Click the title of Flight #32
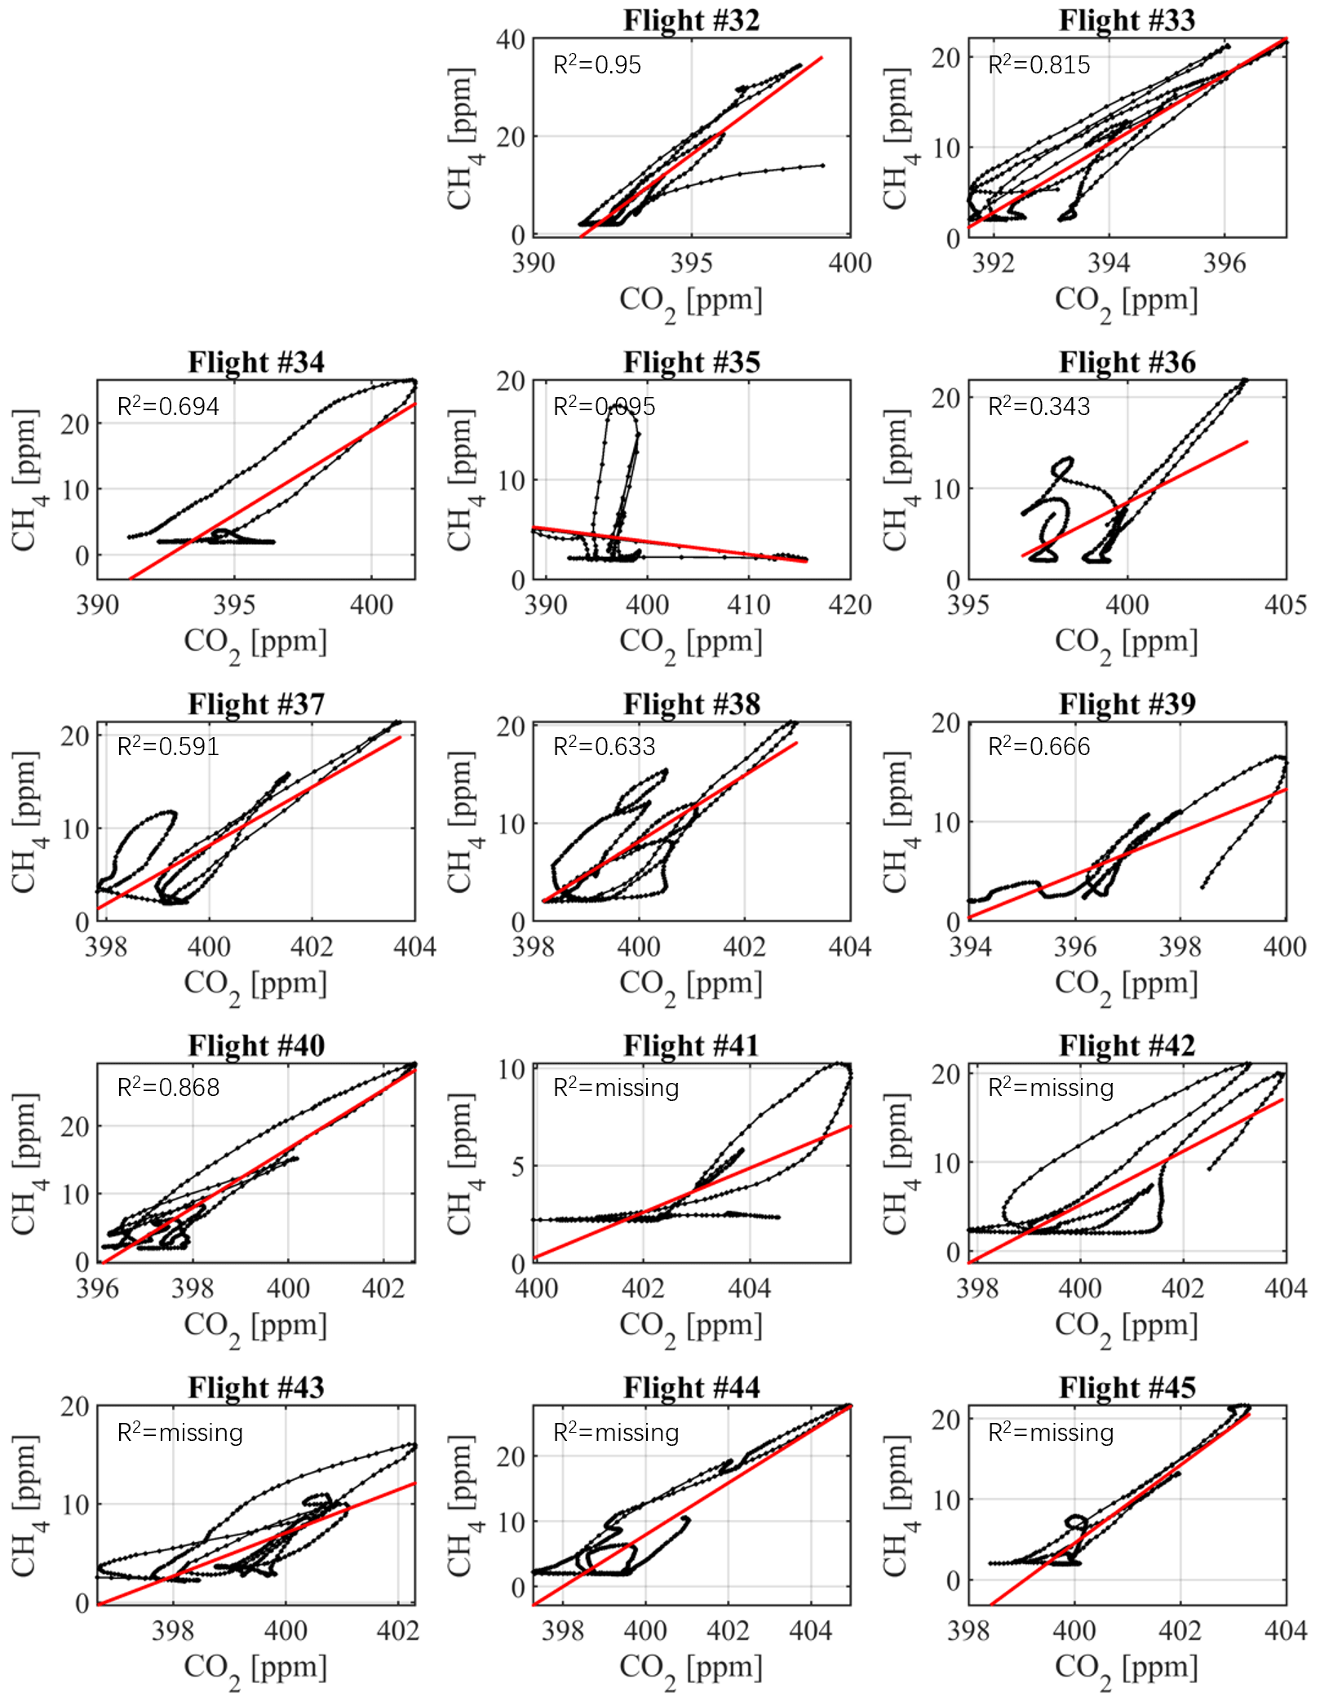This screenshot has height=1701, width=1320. coord(691,20)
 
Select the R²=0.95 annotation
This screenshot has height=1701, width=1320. coord(597,65)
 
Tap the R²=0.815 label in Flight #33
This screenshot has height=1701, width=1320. coord(1039,65)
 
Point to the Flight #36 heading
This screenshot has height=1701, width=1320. coord(1127,362)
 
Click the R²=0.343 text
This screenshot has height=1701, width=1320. coord(1039,406)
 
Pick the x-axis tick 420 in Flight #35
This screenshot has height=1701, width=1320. coord(850,605)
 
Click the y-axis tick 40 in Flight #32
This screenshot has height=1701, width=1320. coord(510,39)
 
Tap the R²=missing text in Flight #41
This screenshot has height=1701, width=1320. coord(616,1088)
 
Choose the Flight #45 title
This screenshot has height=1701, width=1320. coord(1127,1387)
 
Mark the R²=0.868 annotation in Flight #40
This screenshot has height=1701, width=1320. coord(168,1088)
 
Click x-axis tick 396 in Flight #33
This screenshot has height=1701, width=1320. coord(1224,263)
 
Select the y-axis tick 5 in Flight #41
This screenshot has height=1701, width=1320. coord(518,1166)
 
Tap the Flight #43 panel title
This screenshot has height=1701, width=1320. coord(256,1387)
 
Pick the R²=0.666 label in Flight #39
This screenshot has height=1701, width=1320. coord(1039,747)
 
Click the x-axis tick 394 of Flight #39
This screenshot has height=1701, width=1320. coord(970,947)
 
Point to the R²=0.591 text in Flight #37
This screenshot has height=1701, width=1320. coord(168,747)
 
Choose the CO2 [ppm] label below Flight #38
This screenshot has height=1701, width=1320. coord(691,985)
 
